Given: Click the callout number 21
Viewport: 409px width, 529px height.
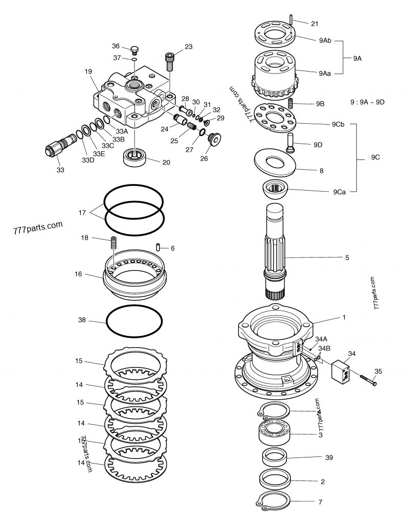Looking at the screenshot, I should pos(314,24).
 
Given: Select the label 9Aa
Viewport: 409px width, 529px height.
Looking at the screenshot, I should pos(324,74).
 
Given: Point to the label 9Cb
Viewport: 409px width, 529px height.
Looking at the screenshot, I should pos(338,124).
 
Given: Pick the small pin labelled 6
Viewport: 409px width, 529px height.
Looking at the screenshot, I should pos(159,247).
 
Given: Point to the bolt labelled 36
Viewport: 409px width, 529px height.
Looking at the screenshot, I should pos(135,50).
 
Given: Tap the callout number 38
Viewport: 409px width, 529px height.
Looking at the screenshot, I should pos(82,321).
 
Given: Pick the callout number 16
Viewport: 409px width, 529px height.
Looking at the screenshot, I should pos(78,274).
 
